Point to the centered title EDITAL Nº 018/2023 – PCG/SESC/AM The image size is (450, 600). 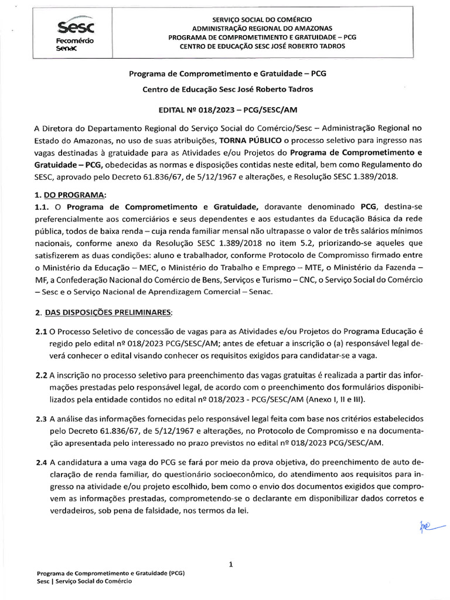[228, 110]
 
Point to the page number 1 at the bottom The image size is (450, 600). [231, 565]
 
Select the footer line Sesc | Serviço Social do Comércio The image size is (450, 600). [84, 581]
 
